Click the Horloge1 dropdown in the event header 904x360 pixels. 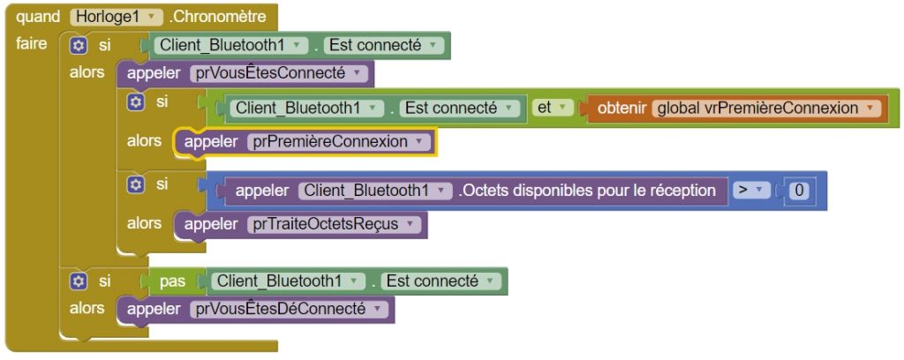pos(117,17)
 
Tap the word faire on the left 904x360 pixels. pos(32,44)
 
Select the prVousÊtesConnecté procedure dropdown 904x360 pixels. pos(278,74)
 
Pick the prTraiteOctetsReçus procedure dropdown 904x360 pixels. pos(334,224)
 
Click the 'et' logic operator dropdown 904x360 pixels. pos(551,108)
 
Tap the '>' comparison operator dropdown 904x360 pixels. pos(750,190)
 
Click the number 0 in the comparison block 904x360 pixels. pos(798,191)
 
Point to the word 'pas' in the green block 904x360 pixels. pos(172,281)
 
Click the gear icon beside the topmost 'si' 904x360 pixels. pos(79,45)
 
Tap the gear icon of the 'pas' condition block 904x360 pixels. pos(79,281)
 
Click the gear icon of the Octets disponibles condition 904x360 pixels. pos(135,184)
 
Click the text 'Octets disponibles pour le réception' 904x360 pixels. pos(587,190)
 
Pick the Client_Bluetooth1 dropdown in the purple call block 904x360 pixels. pos(374,191)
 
